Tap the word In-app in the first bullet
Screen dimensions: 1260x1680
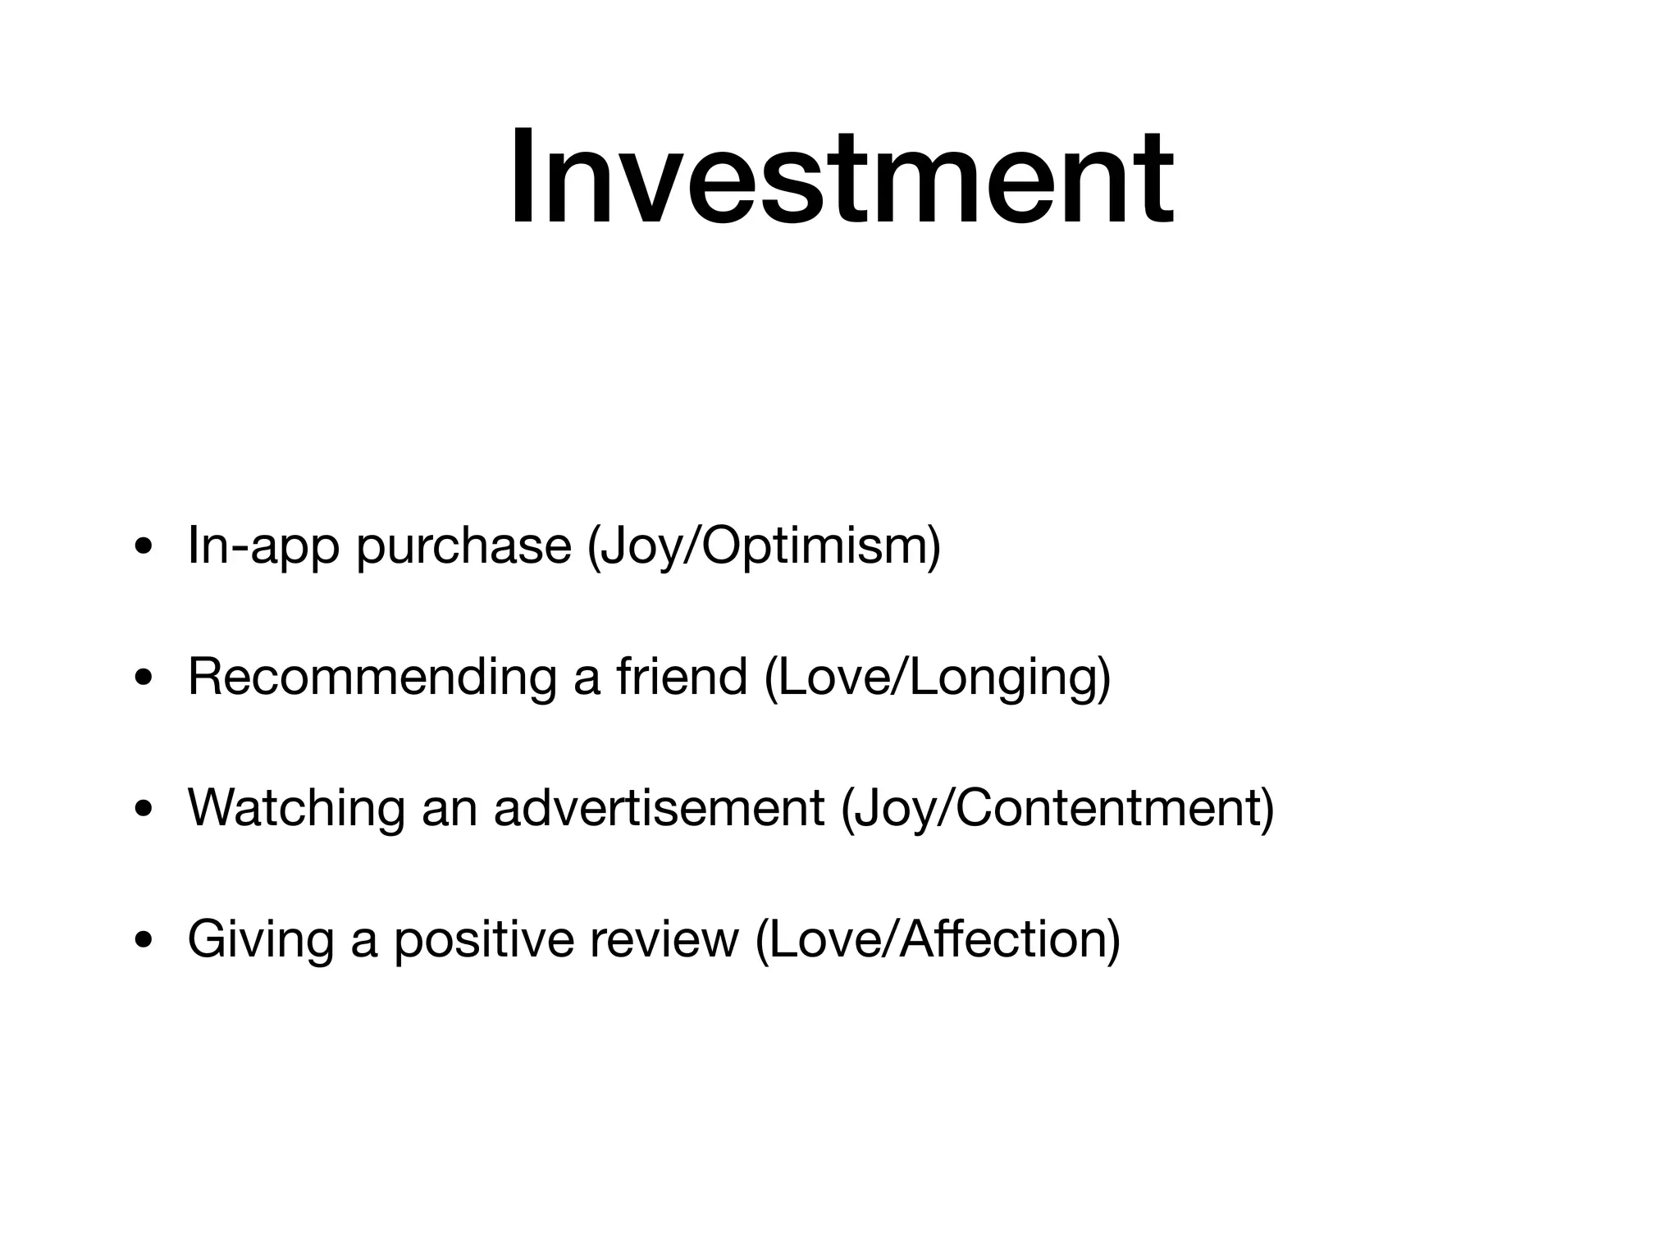coord(262,546)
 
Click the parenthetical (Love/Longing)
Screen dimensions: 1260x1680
coord(937,678)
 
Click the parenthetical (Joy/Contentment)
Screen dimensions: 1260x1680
coord(1057,809)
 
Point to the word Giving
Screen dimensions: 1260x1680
coord(260,940)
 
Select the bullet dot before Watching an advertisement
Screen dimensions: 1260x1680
coord(144,810)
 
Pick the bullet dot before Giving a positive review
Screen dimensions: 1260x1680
coord(144,941)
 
